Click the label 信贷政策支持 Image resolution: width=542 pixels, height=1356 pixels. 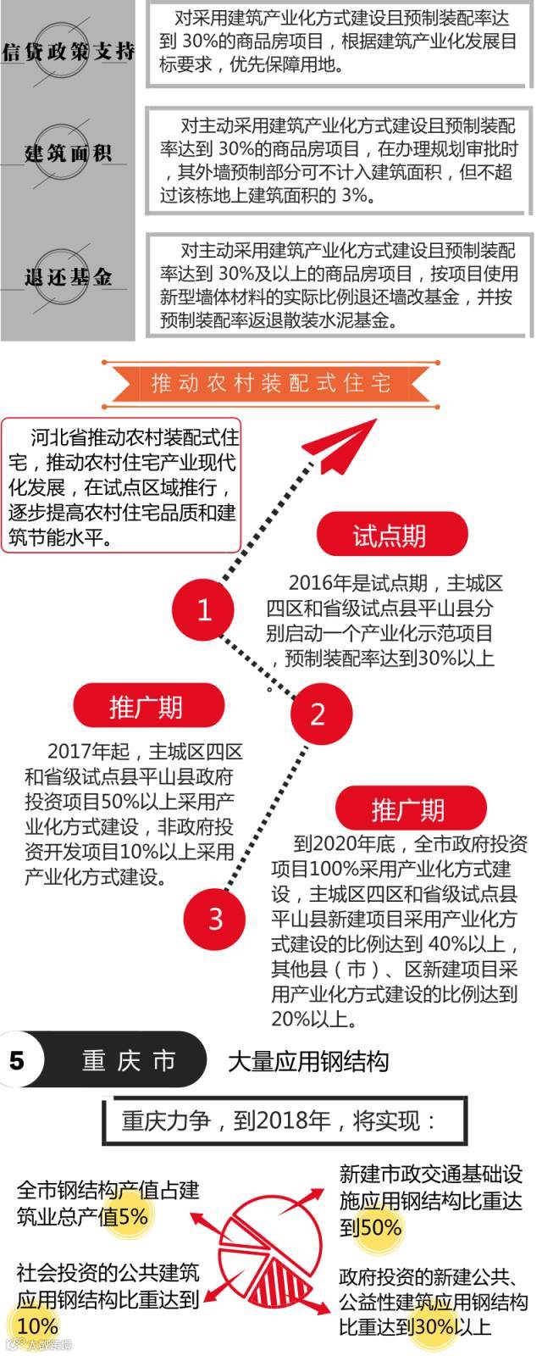(x=68, y=50)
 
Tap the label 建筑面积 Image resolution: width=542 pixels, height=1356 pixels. (x=68, y=153)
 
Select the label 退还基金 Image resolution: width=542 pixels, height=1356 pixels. (x=68, y=276)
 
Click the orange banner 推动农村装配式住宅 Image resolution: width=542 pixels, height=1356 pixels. (x=271, y=383)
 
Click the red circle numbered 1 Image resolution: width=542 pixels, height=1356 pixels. (x=203, y=609)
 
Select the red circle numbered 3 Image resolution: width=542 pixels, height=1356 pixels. (x=215, y=917)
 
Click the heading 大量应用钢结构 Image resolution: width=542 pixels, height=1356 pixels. (x=308, y=1060)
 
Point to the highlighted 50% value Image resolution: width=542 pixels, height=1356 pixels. (x=381, y=1227)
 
